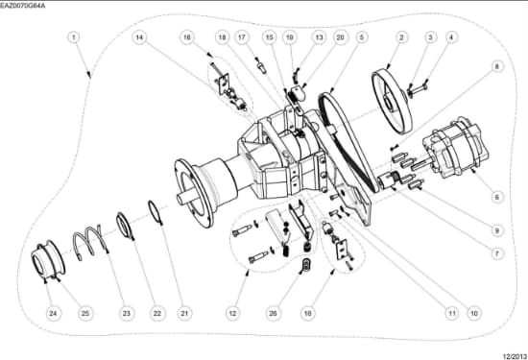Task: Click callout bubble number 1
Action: [x=74, y=37]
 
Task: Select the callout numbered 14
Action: [x=139, y=37]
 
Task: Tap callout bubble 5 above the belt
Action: [x=361, y=37]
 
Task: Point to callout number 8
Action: [x=496, y=66]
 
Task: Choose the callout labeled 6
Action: [x=496, y=197]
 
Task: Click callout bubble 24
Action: [x=53, y=314]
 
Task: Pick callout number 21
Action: [x=184, y=314]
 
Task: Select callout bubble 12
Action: [x=232, y=314]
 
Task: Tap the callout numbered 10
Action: [x=474, y=314]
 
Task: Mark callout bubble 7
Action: [x=496, y=253]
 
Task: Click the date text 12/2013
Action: [x=515, y=356]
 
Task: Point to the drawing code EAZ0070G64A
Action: [x=22, y=6]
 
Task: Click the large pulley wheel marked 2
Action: [x=393, y=101]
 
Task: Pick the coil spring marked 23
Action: [x=88, y=240]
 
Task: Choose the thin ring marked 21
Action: [x=156, y=211]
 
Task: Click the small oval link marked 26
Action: [x=306, y=265]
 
